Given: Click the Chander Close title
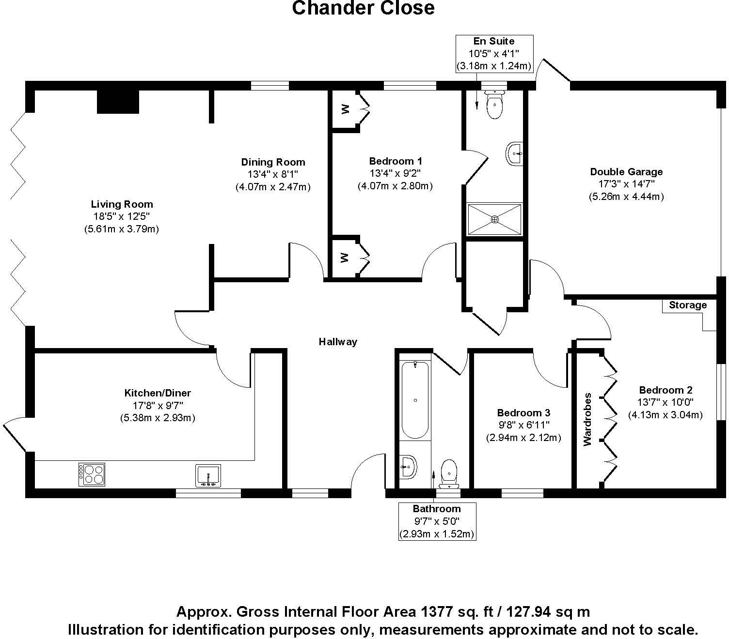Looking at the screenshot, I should (x=363, y=8).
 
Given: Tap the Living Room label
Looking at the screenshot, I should (x=122, y=204).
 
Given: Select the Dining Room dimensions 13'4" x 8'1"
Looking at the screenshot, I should (x=273, y=174).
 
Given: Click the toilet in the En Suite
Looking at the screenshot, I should (x=494, y=105).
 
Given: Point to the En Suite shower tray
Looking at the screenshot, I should (x=494, y=219).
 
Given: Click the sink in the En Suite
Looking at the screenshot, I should (x=515, y=154).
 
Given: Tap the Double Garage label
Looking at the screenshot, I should (x=626, y=172).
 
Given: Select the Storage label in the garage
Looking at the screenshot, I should (x=687, y=305).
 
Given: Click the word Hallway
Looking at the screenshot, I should (x=338, y=342).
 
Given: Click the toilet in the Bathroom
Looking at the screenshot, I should (x=449, y=473).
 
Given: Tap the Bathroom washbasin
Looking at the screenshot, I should (x=408, y=467).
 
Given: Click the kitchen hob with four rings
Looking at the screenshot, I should (x=92, y=474).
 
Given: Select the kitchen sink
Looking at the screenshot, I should (x=208, y=475).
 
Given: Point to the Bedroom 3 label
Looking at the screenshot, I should (x=523, y=413).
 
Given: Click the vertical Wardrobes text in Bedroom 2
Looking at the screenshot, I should (x=588, y=419).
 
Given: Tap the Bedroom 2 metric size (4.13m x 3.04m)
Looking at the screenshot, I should (x=666, y=415).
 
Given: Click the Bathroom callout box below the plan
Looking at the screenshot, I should (x=437, y=521).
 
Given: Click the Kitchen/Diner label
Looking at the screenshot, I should (x=158, y=393).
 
